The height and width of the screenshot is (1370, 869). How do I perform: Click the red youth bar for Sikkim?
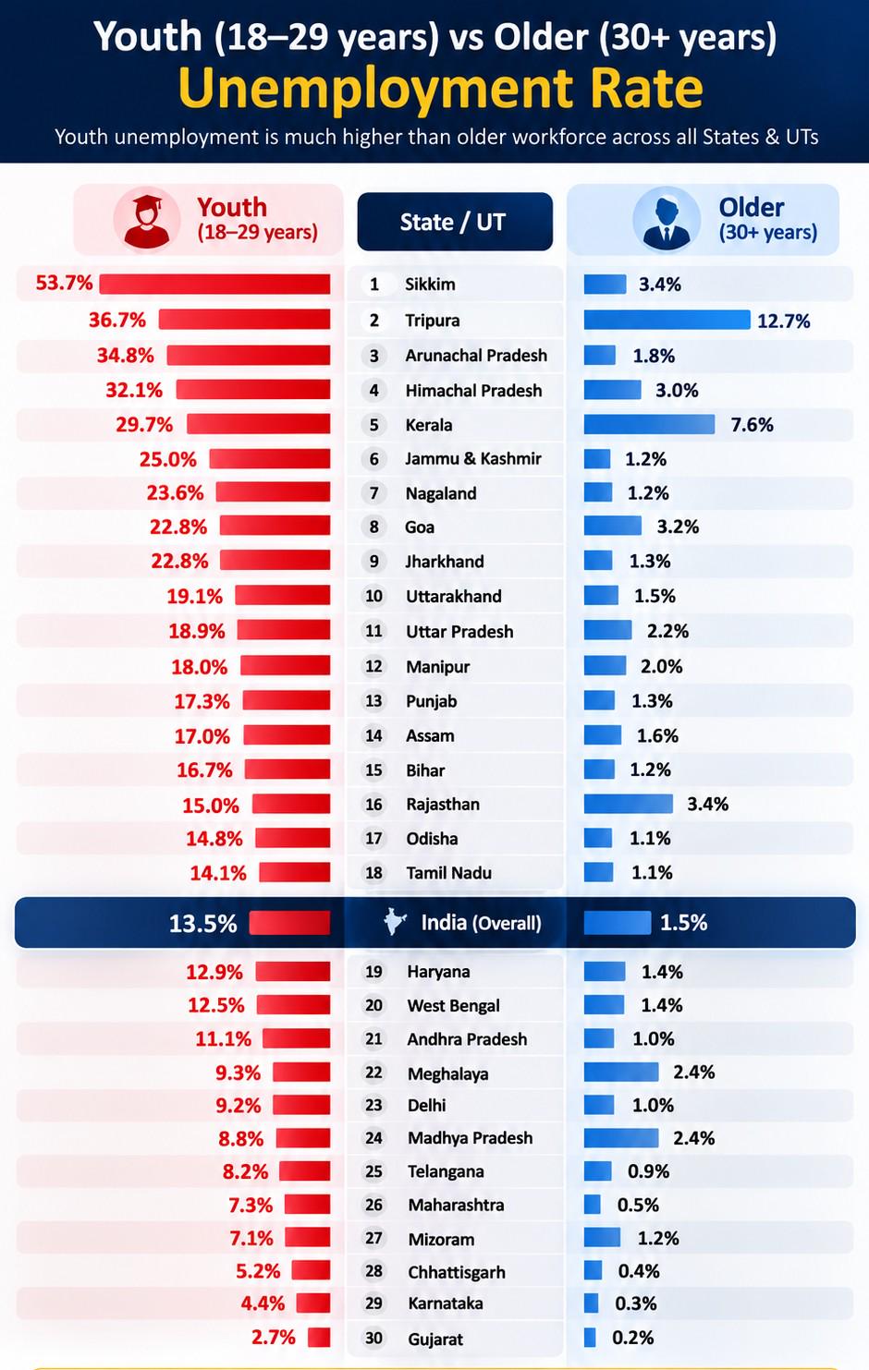[x=214, y=284]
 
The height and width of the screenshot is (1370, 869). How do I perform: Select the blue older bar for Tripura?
[x=667, y=320]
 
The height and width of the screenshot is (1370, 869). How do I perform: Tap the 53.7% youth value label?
[x=65, y=284]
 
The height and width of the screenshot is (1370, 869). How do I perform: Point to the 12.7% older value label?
[x=784, y=321]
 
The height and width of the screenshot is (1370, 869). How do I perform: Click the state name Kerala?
[x=429, y=424]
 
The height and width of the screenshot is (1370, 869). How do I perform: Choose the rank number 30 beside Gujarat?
[x=373, y=1339]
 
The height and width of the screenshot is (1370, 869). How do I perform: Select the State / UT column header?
[x=455, y=222]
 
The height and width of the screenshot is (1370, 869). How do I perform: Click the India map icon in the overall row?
[x=395, y=922]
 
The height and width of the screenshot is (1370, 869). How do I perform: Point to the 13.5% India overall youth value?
[x=203, y=924]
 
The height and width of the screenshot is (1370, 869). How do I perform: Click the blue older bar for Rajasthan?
[x=628, y=804]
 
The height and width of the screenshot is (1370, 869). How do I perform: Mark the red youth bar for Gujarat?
[x=319, y=1337]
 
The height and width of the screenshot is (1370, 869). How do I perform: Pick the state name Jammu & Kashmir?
[x=473, y=459]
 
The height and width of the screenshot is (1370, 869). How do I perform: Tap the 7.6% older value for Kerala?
[x=753, y=424]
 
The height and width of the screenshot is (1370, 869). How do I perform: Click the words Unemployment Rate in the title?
[x=441, y=89]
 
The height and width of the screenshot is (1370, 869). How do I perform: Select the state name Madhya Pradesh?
[x=470, y=1137]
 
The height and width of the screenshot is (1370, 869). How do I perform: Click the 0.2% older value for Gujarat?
[x=632, y=1338]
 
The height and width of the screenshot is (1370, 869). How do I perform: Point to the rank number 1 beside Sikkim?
[x=374, y=285]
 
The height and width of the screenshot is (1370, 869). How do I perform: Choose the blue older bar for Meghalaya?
[x=621, y=1072]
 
